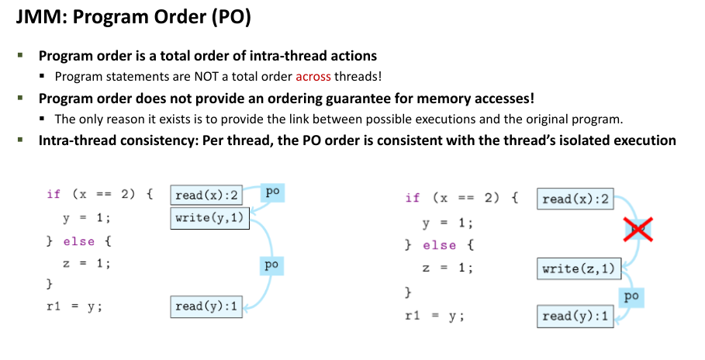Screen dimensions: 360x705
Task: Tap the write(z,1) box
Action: (579, 268)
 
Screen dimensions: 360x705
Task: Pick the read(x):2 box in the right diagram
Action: (575, 199)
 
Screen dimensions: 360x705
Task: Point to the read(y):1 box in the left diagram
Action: (206, 306)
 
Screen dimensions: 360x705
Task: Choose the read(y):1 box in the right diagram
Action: (575, 316)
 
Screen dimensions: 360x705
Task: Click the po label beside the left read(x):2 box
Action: (272, 191)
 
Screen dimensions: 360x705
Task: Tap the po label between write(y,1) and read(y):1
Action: (271, 265)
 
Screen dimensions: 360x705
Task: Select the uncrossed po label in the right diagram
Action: (631, 296)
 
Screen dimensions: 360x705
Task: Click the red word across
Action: (313, 76)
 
